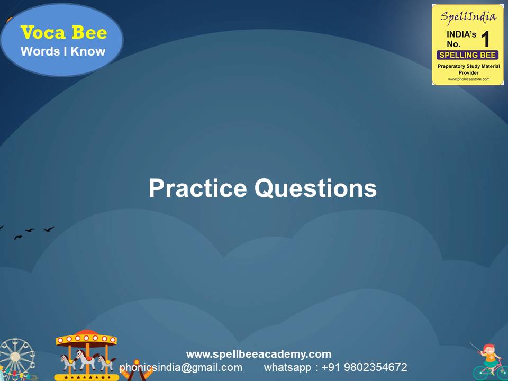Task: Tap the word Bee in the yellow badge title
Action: coord(88,33)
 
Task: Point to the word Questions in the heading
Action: coord(316,189)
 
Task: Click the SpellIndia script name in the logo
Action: coord(468,16)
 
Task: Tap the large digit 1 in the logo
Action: coord(486,39)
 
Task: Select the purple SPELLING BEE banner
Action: coord(467,55)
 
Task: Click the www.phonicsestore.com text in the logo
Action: coord(468,79)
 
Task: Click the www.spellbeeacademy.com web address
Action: coord(259,354)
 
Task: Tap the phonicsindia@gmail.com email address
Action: coord(181,367)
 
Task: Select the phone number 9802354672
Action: coord(376,367)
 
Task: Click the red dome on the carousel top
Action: coord(86,334)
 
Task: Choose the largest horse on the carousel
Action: coord(85,359)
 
